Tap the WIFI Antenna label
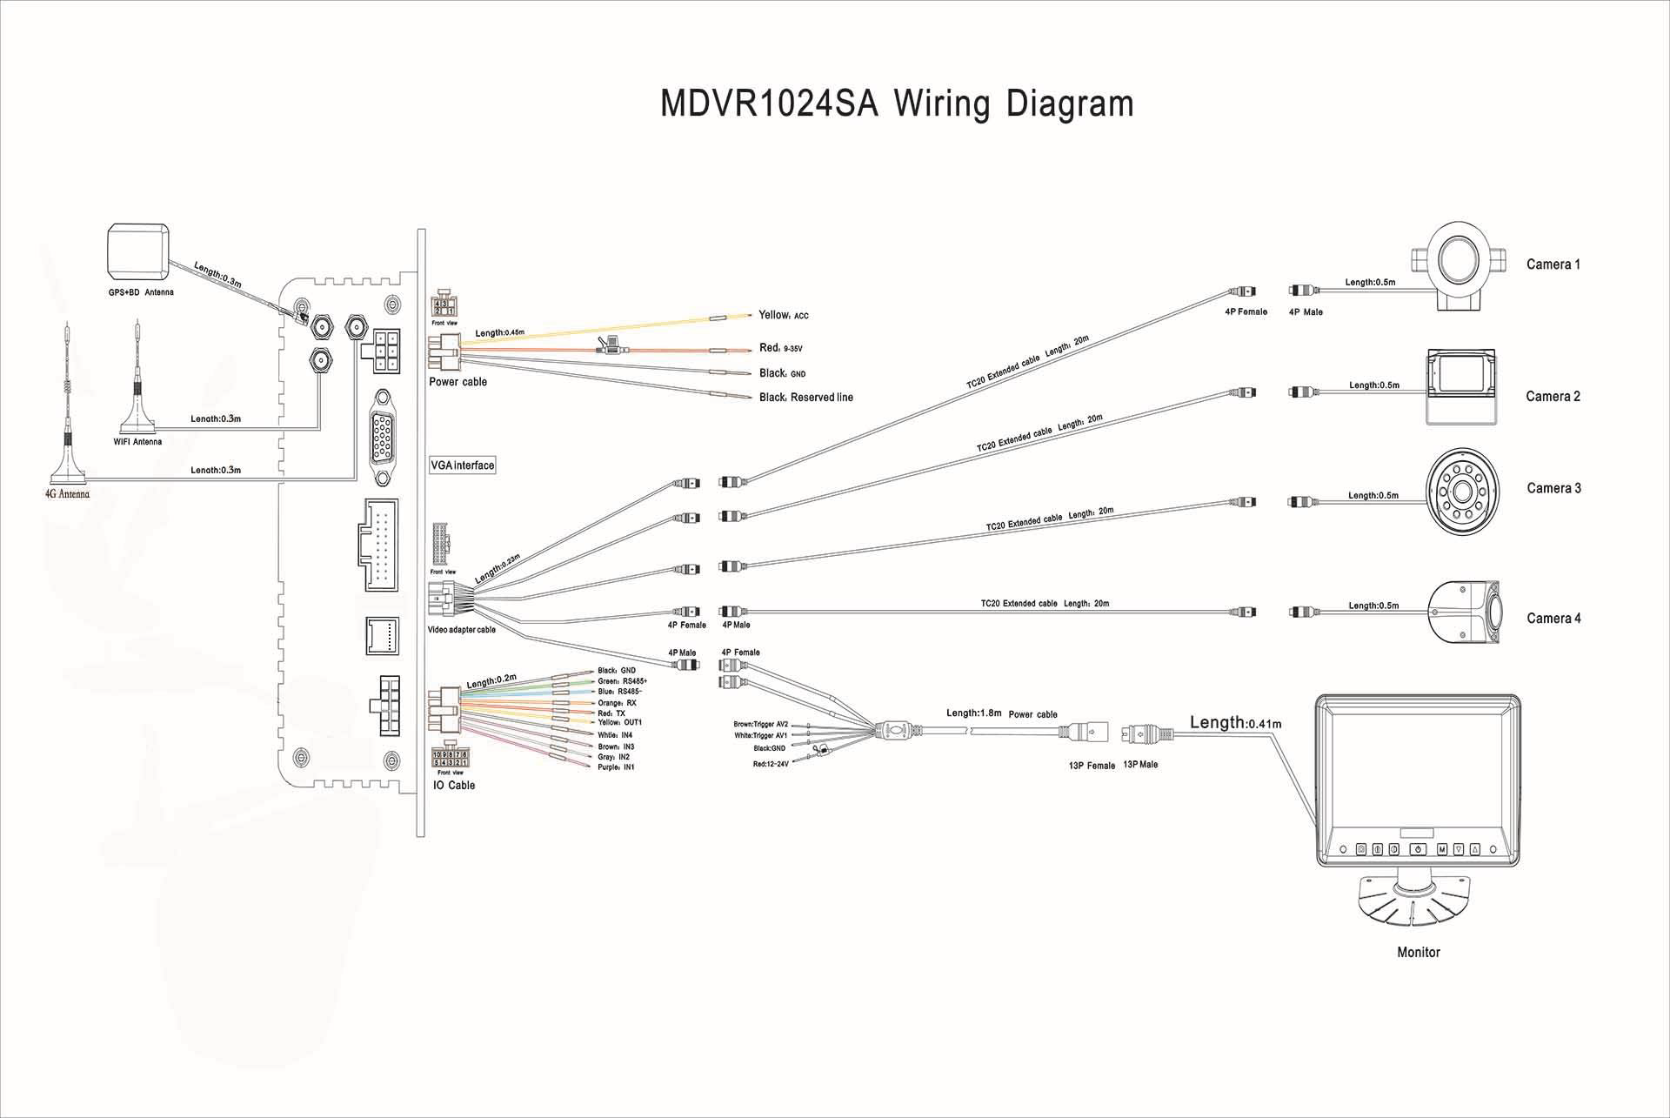(137, 442)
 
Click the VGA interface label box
(463, 465)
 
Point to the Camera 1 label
(1553, 264)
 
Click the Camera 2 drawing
(1460, 387)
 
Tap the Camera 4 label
(1553, 619)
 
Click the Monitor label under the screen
(1418, 953)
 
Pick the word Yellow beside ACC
(773, 315)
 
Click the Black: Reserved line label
(806, 398)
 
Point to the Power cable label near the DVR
(458, 382)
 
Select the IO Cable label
(454, 786)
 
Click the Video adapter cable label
(461, 630)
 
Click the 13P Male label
(1140, 765)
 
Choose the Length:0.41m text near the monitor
(1235, 723)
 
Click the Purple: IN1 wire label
(616, 767)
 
